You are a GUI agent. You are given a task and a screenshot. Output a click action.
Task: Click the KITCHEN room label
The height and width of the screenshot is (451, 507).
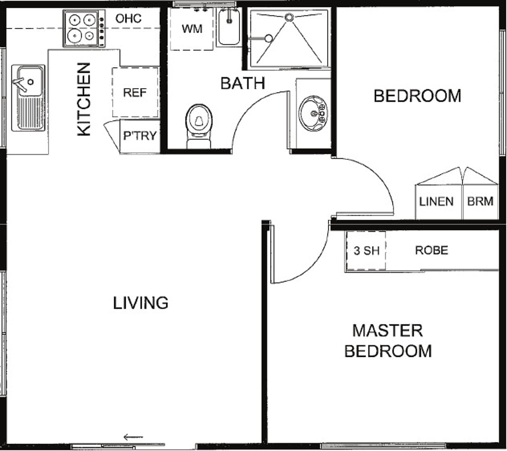coord(84,99)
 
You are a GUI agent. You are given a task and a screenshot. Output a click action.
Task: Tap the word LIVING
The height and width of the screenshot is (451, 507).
coord(141,303)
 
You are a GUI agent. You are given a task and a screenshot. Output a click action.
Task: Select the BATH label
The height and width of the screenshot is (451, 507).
coord(243,84)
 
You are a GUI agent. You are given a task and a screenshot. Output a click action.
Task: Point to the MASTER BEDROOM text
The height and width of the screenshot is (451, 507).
coord(388,341)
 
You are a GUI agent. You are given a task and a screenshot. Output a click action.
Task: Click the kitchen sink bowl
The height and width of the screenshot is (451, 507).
coord(30,81)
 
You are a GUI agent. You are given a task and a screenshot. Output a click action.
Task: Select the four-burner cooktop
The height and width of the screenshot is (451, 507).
coord(84,29)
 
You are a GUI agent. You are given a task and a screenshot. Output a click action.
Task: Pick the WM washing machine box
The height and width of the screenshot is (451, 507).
coord(192,29)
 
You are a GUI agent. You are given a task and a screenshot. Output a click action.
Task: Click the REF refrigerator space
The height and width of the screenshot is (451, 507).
coord(135,92)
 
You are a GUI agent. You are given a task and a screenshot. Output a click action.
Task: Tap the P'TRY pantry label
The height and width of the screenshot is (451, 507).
coord(140,136)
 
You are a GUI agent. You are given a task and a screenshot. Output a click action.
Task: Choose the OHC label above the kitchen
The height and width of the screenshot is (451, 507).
coord(128,19)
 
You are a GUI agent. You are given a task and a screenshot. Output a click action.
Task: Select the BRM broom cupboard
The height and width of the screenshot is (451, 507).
coord(480,201)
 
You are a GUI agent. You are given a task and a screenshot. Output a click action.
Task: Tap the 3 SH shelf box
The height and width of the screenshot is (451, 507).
coord(366,251)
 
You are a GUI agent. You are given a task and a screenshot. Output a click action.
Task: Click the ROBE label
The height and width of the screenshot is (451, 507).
coord(432,251)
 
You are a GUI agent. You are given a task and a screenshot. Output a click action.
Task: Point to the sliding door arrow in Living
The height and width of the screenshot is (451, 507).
coord(133,437)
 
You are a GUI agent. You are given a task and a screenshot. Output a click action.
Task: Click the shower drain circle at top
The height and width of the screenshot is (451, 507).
coord(289,17)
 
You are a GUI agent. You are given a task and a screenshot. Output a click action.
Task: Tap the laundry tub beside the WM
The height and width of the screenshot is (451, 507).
coord(229,27)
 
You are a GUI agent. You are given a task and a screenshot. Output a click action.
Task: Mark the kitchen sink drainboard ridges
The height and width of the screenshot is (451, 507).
coord(31,113)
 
